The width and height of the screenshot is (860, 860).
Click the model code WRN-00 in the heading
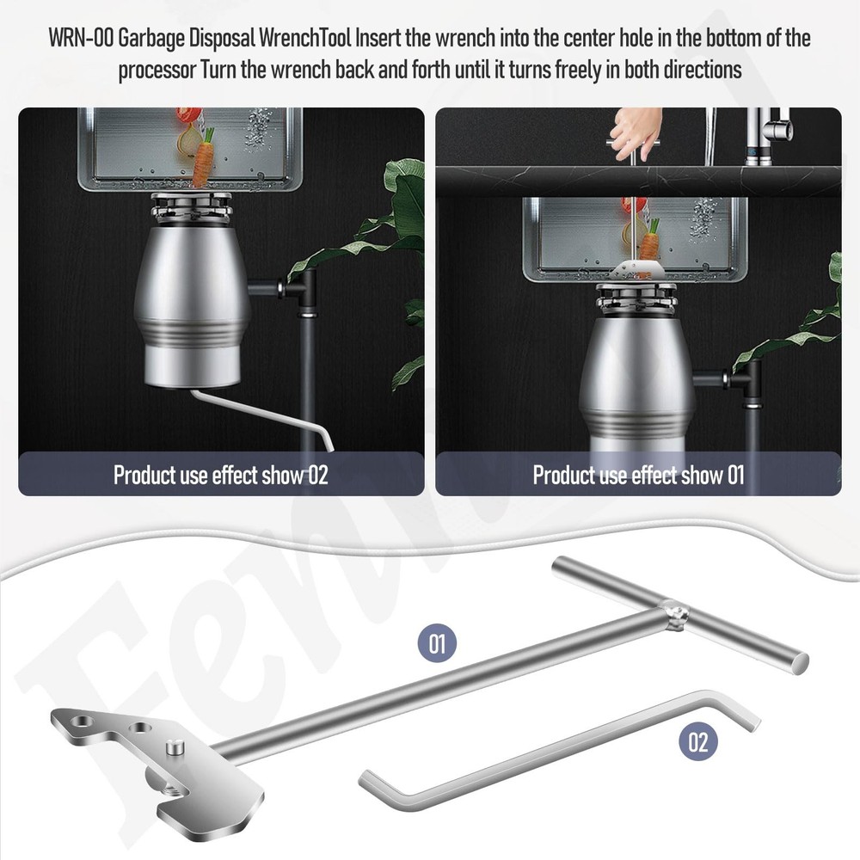click(82, 39)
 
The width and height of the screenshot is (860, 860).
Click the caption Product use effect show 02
click(220, 475)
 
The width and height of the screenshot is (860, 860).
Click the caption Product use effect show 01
click(638, 475)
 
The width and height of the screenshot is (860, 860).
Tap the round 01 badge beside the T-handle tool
click(437, 642)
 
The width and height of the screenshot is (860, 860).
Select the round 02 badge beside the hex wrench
click(698, 741)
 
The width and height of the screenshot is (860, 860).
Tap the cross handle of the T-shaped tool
click(679, 614)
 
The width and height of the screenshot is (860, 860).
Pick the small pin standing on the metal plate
click(175, 748)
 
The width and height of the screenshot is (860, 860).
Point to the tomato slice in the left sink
click(187, 116)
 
